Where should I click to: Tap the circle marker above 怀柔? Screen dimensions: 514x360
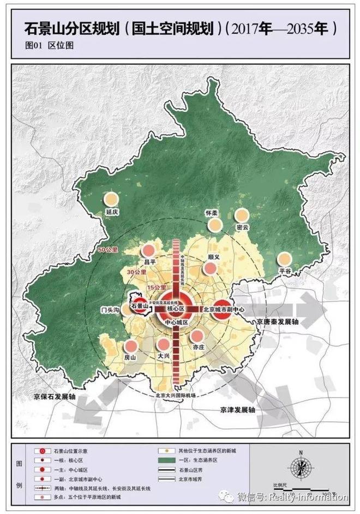(x=215, y=225)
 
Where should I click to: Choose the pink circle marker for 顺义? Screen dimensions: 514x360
(x=210, y=269)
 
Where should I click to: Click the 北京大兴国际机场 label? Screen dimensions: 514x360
(x=175, y=395)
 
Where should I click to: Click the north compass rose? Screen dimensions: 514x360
(x=299, y=468)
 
